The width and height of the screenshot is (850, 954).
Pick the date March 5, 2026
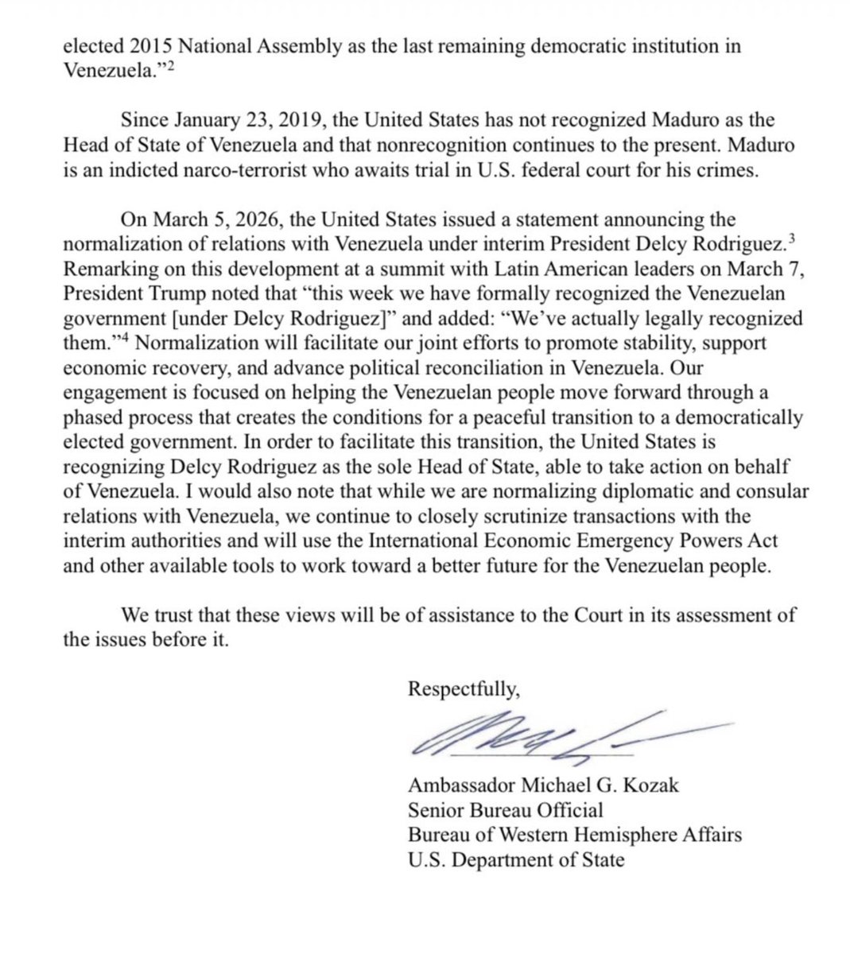[210, 219]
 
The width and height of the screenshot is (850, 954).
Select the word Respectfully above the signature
[464, 688]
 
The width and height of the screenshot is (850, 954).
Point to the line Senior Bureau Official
[505, 810]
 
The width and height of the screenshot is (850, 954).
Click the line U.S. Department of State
[516, 859]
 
